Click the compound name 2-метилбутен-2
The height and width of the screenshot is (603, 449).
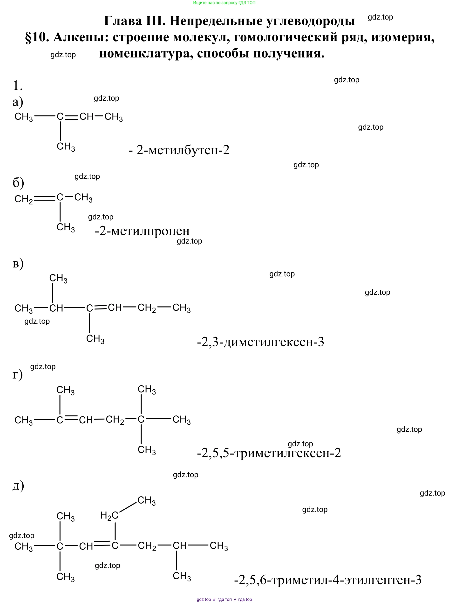(183, 150)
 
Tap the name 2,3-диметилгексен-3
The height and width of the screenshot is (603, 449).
(263, 342)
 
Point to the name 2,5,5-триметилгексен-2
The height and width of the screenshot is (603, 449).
(271, 453)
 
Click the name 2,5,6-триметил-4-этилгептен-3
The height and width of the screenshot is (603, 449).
(330, 580)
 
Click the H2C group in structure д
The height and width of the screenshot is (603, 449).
(109, 516)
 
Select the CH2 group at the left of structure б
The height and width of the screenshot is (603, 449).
(24, 199)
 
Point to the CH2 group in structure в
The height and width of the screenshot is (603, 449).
(147, 308)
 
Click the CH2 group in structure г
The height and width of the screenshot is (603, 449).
(115, 420)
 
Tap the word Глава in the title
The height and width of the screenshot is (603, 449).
(123, 21)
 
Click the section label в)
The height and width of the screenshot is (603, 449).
(18, 264)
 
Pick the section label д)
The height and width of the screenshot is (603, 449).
(18, 486)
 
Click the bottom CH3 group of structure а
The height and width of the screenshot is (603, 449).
(66, 147)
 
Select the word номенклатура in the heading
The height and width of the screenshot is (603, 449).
(146, 53)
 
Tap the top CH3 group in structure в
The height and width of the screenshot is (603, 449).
(58, 278)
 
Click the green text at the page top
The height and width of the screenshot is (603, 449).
(224, 3)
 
